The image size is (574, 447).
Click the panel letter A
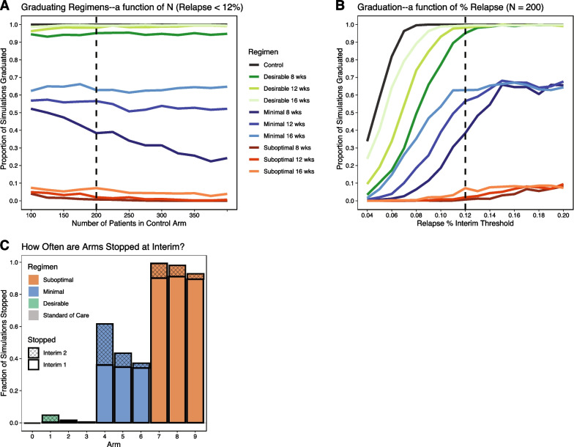[x=5, y=6]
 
